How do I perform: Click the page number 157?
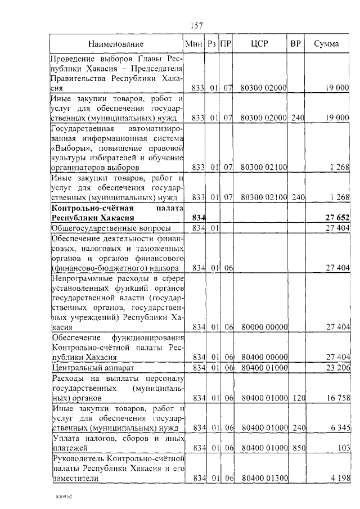[x=196, y=25]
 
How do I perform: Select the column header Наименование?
[x=116, y=44]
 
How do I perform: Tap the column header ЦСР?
[x=260, y=44]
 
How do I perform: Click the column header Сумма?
[x=326, y=44]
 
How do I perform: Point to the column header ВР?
[x=295, y=44]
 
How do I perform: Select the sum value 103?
[x=343, y=448]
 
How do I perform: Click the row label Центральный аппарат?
[x=84, y=367]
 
